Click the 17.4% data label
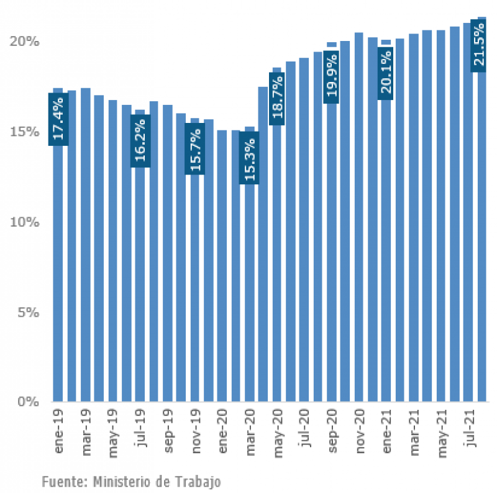click(58, 119)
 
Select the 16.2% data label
click(140, 140)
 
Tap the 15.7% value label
click(194, 148)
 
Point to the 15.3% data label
click(249, 158)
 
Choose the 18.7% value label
click(277, 99)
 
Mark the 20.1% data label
click(386, 73)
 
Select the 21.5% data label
click(479, 45)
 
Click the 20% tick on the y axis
click(25, 42)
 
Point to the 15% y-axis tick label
click(25, 132)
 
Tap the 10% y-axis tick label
click(25, 222)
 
